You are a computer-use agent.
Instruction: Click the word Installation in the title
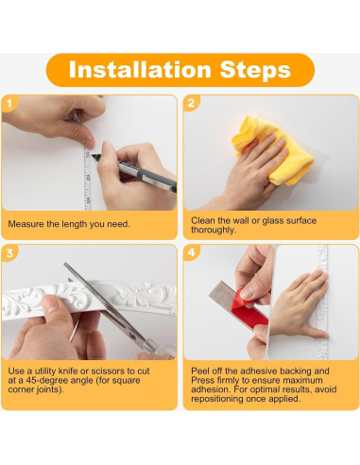coord(140,70)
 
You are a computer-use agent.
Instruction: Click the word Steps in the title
coord(255,70)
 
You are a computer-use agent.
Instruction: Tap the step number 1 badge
coord(9,104)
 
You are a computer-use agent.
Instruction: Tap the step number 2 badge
coord(192,103)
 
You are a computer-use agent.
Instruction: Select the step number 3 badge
coord(9,253)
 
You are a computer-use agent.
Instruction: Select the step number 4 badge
coord(192,252)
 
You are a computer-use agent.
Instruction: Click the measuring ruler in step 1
coord(87,178)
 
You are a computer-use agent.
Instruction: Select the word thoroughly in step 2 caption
coord(214,230)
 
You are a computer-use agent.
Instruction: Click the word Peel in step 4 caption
coord(200,370)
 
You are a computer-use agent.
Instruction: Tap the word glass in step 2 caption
coord(273,221)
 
